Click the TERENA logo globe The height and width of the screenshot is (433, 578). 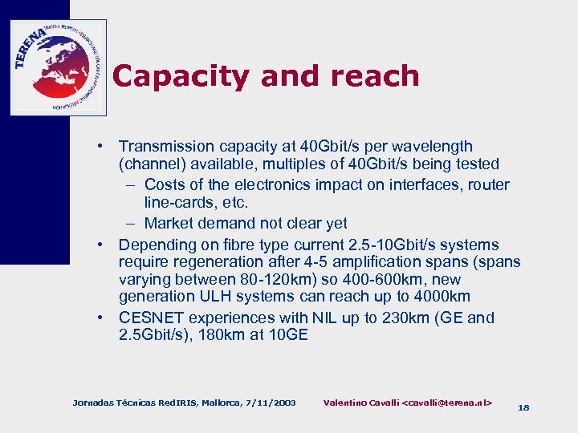point(59,67)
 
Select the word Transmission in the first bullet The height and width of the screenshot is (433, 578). point(165,147)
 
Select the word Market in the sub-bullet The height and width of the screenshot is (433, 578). point(171,224)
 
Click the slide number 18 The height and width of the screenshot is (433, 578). point(523,407)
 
